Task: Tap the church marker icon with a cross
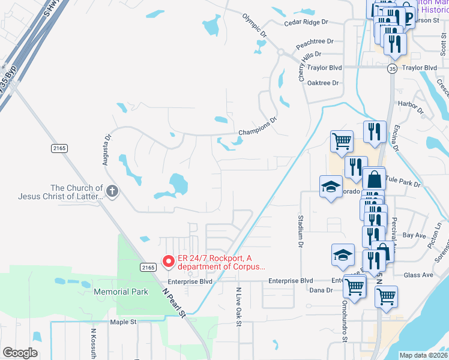click(x=113, y=191)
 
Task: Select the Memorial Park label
click(x=121, y=292)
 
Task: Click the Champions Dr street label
click(x=258, y=127)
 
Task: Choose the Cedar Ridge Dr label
click(x=306, y=22)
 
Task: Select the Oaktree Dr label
click(x=323, y=83)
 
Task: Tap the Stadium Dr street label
click(x=299, y=231)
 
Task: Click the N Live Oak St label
click(x=238, y=306)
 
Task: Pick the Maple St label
click(x=124, y=322)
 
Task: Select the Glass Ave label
click(x=418, y=275)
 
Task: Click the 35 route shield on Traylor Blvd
click(x=392, y=69)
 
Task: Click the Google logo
click(x=20, y=353)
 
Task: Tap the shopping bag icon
click(x=374, y=179)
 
